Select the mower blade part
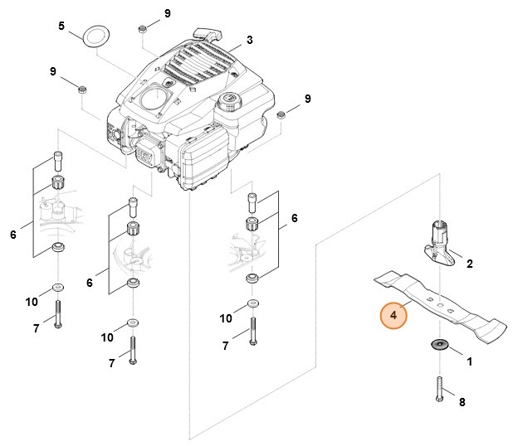tap(440, 308)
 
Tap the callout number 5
tap(61, 27)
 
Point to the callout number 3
tap(249, 39)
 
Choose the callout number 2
tap(469, 264)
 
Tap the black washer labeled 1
tap(438, 345)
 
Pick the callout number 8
tap(462, 402)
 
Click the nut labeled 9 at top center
tap(144, 28)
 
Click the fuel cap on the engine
tap(227, 105)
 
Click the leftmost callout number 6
tap(13, 235)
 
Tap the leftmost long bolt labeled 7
tap(57, 314)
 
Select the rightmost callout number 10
tap(225, 318)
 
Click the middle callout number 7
tap(111, 363)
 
